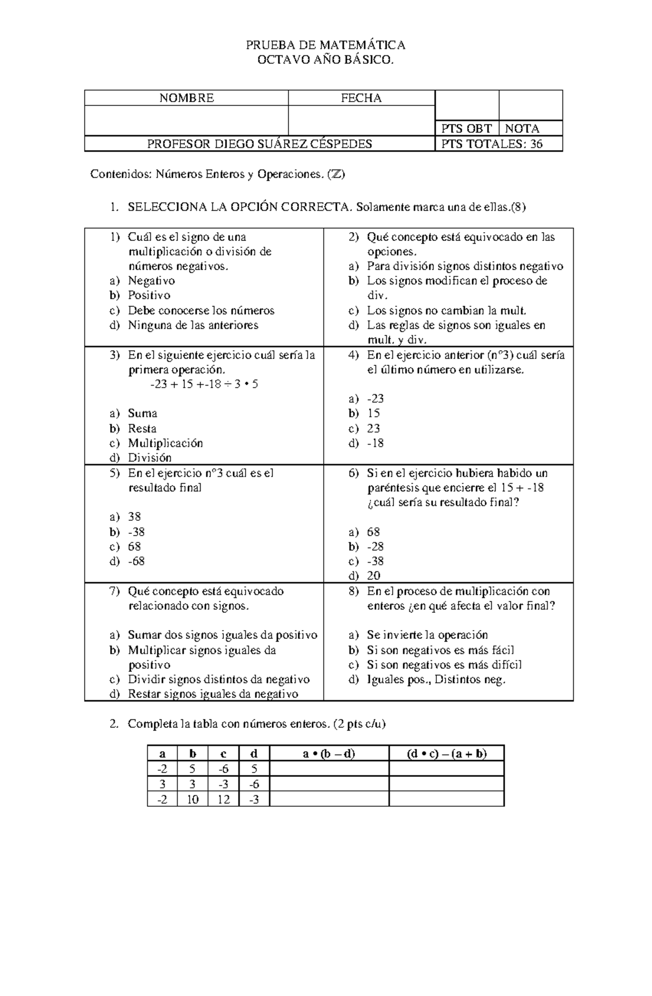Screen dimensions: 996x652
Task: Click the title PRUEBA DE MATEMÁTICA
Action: pos(326,45)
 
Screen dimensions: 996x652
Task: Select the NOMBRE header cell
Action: pos(186,98)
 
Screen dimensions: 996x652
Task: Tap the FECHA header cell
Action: pos(361,98)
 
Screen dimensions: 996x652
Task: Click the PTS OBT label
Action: pos(466,129)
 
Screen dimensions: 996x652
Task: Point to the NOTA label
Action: pos(522,129)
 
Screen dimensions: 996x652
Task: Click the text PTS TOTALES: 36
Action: pos(492,144)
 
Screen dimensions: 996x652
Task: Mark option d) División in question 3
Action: pos(149,458)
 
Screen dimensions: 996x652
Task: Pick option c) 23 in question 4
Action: pos(373,428)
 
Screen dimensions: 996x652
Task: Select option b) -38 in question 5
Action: pos(136,532)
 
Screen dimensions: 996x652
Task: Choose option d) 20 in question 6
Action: pos(373,576)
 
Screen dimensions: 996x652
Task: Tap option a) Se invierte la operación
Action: pos(427,635)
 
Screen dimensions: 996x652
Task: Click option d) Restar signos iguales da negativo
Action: pos(212,694)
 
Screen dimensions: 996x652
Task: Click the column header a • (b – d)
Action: pos(329,754)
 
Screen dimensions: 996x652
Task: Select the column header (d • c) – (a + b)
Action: pos(447,754)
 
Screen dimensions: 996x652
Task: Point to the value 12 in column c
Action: pos(223,799)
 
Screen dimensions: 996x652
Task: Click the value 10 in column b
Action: pos(193,799)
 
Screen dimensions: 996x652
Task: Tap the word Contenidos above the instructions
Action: pos(120,175)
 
